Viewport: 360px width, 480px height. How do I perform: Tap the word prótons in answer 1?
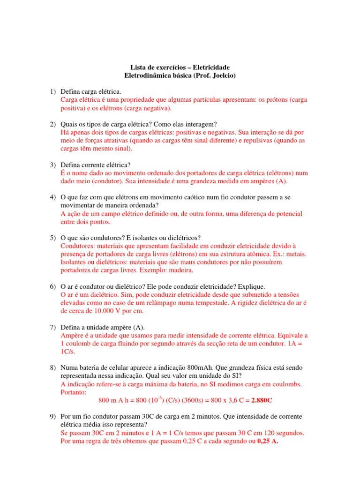click(278, 100)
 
